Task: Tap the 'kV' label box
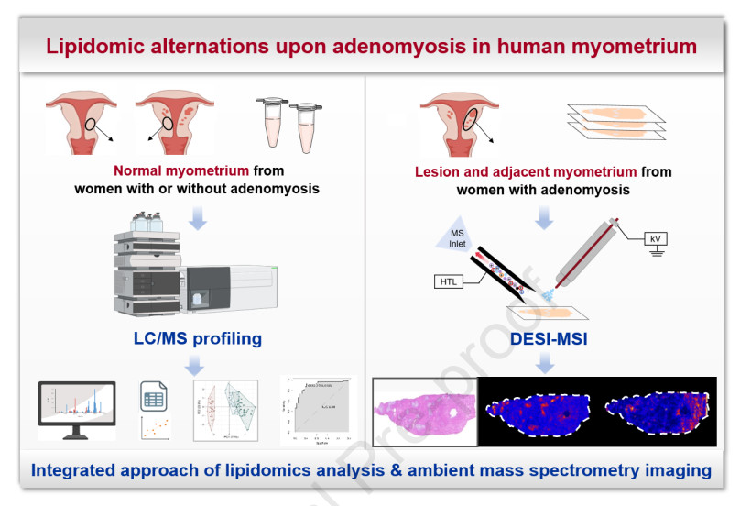click(x=654, y=238)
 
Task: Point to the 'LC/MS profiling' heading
click(x=197, y=338)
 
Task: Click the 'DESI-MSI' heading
click(x=547, y=340)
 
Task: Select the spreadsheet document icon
click(x=153, y=396)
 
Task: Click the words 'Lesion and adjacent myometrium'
click(x=526, y=171)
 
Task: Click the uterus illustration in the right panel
click(x=455, y=122)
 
